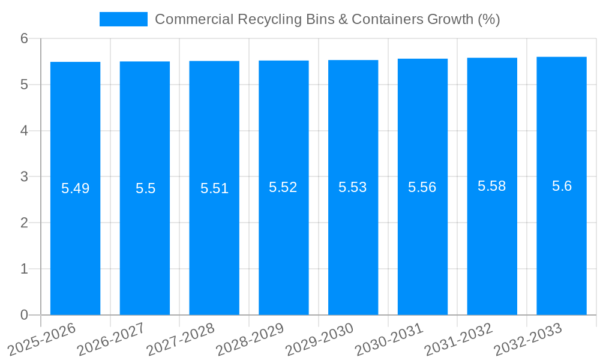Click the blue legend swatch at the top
tap(123, 19)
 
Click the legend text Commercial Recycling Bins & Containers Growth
tap(327, 19)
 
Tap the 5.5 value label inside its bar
tap(145, 188)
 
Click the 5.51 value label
tap(214, 188)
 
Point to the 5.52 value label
tap(283, 187)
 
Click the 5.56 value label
tap(422, 187)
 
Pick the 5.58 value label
tap(492, 186)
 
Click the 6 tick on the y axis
tap(24, 38)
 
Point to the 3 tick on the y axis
tap(24, 177)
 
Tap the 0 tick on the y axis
tap(24, 315)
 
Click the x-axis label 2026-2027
tap(112, 339)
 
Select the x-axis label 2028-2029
tap(250, 339)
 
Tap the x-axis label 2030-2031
tap(389, 339)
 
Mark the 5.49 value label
tap(75, 188)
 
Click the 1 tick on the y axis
tap(24, 269)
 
